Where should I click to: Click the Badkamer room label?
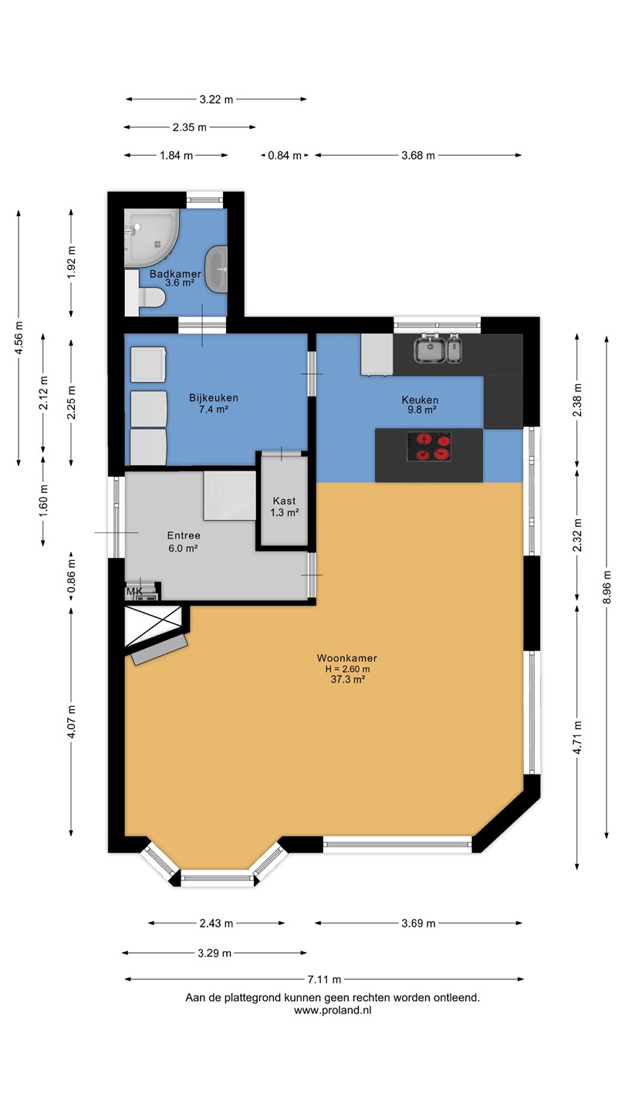click(x=175, y=274)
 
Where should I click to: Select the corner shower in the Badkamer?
click(x=151, y=238)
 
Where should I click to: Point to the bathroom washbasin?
click(x=216, y=268)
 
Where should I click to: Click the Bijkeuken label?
click(x=213, y=398)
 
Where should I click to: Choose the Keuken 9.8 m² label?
click(x=420, y=405)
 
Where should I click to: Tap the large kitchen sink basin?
click(x=430, y=350)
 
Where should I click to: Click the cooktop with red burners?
click(x=428, y=447)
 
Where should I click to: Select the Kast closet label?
click(x=284, y=501)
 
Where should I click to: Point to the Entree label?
click(x=184, y=535)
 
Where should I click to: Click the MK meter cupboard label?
click(x=134, y=592)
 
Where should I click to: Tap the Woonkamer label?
click(x=347, y=658)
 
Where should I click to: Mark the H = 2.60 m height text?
click(x=348, y=669)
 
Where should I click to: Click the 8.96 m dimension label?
click(x=606, y=586)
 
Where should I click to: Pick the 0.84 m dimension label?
click(x=285, y=156)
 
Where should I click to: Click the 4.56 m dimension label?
click(x=19, y=338)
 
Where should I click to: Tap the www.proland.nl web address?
click(x=333, y=1010)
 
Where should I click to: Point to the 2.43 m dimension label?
click(x=216, y=924)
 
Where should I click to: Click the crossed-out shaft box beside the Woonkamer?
click(x=153, y=626)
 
